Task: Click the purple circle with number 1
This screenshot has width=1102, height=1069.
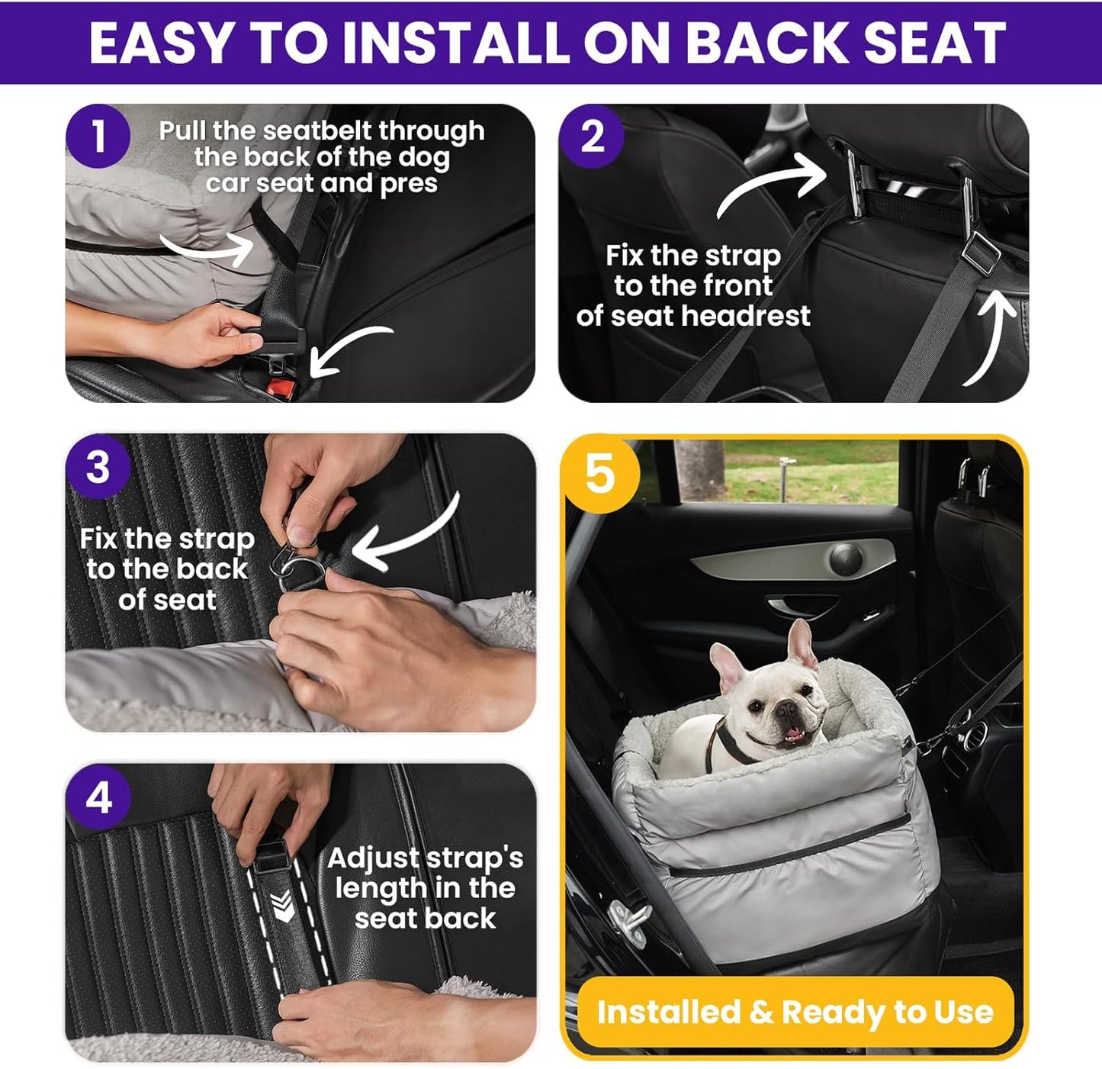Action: (x=98, y=137)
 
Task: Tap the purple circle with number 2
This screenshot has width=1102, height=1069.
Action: (x=592, y=137)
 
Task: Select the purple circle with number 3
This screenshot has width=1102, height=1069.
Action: (x=98, y=467)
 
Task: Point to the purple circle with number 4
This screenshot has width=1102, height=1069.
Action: (x=98, y=798)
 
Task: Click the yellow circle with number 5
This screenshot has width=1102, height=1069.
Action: (x=599, y=472)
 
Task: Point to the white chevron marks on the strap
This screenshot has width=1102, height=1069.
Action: (x=283, y=906)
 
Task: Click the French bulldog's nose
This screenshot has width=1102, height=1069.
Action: (x=786, y=713)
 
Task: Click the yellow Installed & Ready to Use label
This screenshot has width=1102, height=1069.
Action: (x=795, y=1012)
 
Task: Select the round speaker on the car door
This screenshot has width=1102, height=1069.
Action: (x=845, y=559)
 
